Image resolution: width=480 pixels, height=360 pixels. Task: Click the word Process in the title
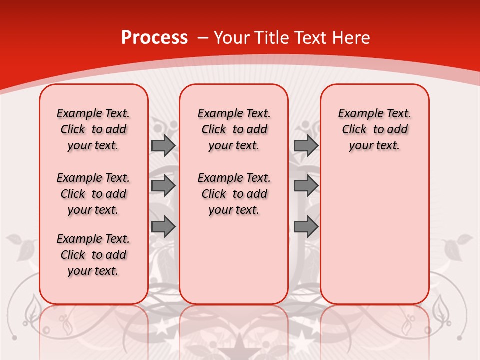pos(154,37)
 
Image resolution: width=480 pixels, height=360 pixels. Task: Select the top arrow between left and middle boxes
pos(163,146)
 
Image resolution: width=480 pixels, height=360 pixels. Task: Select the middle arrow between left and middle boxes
pos(163,186)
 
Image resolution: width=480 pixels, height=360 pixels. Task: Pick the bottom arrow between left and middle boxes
pos(163,227)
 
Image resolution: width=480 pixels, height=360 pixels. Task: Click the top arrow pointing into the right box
pos(306,146)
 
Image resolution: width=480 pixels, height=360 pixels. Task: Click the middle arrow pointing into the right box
pos(306,186)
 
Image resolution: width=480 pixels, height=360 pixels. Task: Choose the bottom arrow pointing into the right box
pos(306,227)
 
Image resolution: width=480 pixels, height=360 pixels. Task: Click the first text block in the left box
pos(93,129)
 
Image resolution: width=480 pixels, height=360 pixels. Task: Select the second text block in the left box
pos(93,194)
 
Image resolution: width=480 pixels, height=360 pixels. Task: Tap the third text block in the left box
pos(93,255)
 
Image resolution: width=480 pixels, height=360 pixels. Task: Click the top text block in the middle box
pos(234,129)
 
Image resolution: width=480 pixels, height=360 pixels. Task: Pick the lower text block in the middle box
pos(234,194)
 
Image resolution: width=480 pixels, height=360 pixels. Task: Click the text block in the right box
pos(374,129)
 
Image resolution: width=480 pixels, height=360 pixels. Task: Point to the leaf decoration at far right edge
pos(455,247)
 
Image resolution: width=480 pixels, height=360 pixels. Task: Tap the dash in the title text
pos(203,38)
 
